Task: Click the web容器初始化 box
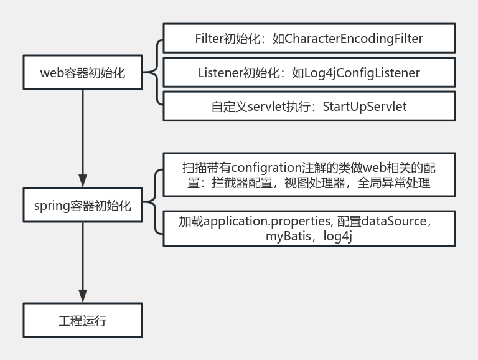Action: click(x=83, y=73)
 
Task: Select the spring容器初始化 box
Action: click(x=83, y=205)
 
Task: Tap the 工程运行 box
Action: click(x=83, y=321)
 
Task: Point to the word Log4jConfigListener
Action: click(x=362, y=73)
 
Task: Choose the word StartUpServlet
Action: click(x=364, y=107)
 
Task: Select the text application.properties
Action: click(x=268, y=222)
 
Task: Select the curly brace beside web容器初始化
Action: click(x=154, y=73)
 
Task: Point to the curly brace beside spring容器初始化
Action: click(x=154, y=205)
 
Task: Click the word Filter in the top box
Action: click(x=209, y=39)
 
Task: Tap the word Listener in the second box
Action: click(x=218, y=73)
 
